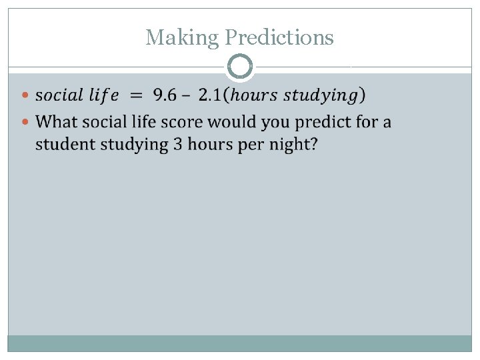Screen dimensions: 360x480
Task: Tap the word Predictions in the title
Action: (x=279, y=37)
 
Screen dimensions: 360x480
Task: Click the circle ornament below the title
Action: (x=240, y=67)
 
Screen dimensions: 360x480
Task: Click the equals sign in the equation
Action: (x=135, y=95)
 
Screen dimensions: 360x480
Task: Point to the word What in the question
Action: (x=57, y=123)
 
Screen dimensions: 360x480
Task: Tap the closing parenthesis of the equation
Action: (x=361, y=95)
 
